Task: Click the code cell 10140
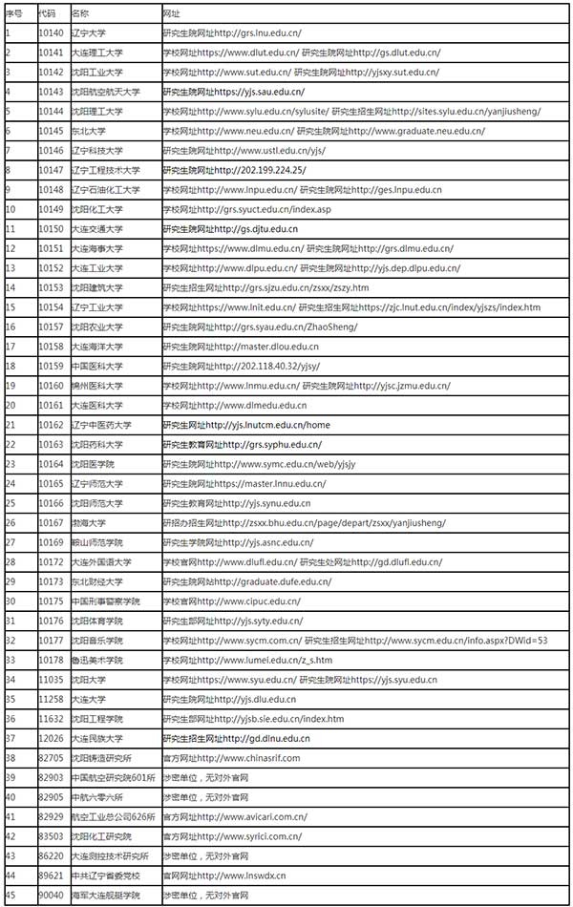pyautogui.click(x=51, y=33)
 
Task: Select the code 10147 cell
pyautogui.click(x=51, y=170)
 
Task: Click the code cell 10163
pyautogui.click(x=51, y=444)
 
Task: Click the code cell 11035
pyautogui.click(x=51, y=680)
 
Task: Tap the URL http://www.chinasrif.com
pyautogui.click(x=249, y=758)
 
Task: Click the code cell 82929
pyautogui.click(x=51, y=816)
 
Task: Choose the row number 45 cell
pyautogui.click(x=10, y=895)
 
